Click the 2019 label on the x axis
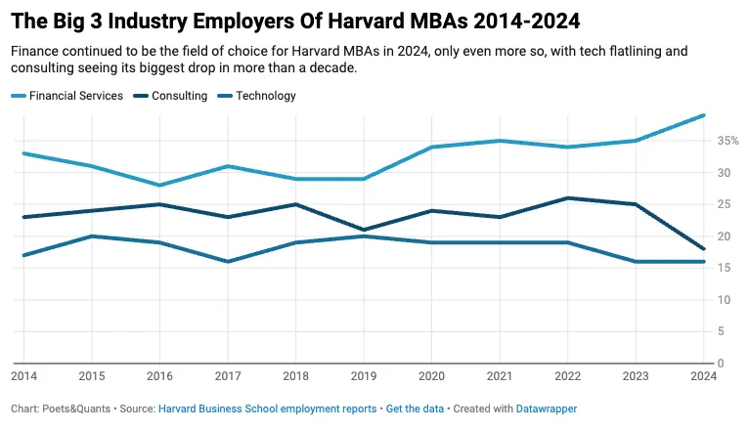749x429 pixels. pyautogui.click(x=363, y=375)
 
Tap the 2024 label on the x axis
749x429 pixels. pyautogui.click(x=703, y=375)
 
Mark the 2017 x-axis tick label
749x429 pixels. pyautogui.click(x=227, y=375)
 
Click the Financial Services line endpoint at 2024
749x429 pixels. pyautogui.click(x=703, y=115)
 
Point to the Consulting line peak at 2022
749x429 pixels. pyautogui.click(x=567, y=198)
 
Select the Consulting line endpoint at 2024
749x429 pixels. pyautogui.click(x=703, y=249)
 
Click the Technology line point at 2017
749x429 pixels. pyautogui.click(x=227, y=262)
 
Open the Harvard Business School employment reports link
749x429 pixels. pyautogui.click(x=267, y=408)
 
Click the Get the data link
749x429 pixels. pyautogui.click(x=415, y=408)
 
